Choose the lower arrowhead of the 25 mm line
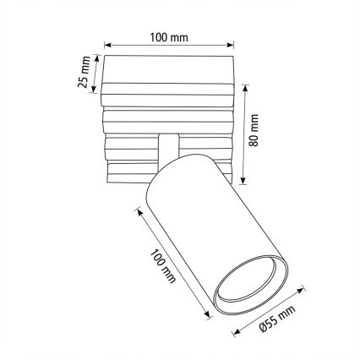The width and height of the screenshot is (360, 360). coord(97,90)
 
